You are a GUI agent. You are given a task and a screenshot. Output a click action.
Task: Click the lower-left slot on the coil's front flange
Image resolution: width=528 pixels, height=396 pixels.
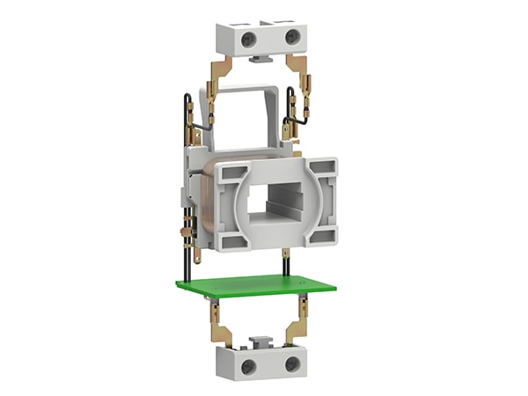pos(231,238)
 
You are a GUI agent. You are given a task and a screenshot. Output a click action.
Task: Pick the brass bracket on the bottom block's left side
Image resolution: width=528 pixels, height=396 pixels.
pos(223,331)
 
